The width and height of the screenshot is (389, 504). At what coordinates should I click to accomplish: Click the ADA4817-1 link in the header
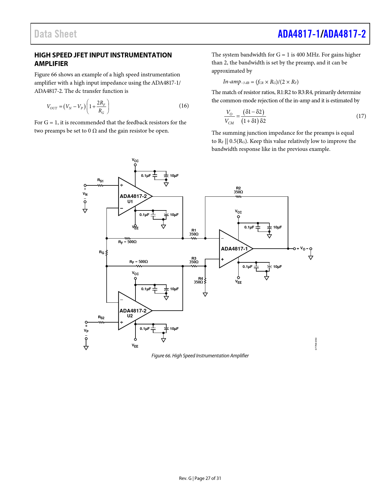click(x=299, y=34)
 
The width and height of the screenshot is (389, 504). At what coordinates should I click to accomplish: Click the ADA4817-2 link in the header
click(x=344, y=34)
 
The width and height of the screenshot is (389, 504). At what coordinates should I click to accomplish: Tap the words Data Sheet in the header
click(x=56, y=34)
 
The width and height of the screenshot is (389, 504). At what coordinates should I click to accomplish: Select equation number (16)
click(x=184, y=106)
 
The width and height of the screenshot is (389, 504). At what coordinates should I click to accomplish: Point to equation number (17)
click(x=361, y=116)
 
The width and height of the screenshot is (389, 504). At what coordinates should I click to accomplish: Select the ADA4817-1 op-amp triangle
click(x=234, y=249)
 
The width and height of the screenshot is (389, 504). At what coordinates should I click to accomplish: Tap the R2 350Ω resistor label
click(x=238, y=190)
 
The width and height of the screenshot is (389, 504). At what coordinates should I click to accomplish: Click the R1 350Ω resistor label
click(x=194, y=232)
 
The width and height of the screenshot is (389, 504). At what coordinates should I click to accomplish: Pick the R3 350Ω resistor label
click(x=194, y=260)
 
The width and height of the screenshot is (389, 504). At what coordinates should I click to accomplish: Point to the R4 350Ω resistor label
click(x=199, y=280)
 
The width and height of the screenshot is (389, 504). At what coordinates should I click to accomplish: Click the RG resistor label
click(x=102, y=252)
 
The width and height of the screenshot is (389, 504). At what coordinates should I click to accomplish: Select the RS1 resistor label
click(x=100, y=181)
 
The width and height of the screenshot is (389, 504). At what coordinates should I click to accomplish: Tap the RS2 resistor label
click(x=101, y=318)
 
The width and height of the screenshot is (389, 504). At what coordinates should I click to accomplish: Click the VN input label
click(x=85, y=194)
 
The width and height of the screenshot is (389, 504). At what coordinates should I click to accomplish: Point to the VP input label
click(x=86, y=331)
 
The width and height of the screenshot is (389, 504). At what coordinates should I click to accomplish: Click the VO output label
click(x=303, y=248)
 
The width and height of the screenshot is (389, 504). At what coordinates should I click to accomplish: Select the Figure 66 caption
click(x=200, y=356)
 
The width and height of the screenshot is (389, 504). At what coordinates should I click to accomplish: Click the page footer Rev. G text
click(x=185, y=478)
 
